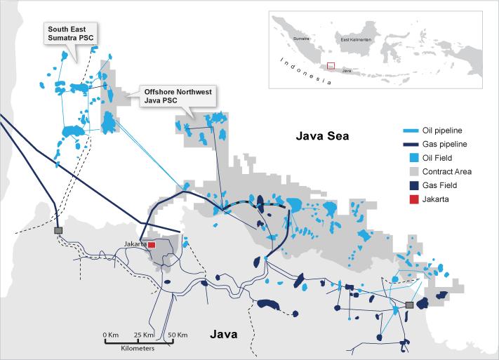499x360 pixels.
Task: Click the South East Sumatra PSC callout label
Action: pyautogui.click(x=70, y=33)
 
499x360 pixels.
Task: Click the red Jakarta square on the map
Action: pyautogui.click(x=151, y=244)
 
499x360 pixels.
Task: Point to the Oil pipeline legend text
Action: pyautogui.click(x=445, y=131)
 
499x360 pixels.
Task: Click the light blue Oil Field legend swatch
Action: pyautogui.click(x=411, y=158)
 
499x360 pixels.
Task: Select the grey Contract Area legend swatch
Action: pyautogui.click(x=411, y=171)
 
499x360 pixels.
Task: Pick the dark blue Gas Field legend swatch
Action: pyautogui.click(x=411, y=185)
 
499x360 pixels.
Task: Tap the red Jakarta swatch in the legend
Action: pyautogui.click(x=411, y=199)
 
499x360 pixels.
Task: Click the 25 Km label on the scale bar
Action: pyautogui.click(x=145, y=335)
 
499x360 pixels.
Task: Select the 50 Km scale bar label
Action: pyautogui.click(x=177, y=335)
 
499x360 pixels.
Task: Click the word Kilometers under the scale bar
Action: pyautogui.click(x=142, y=348)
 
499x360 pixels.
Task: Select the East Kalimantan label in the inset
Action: pyautogui.click(x=354, y=40)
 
